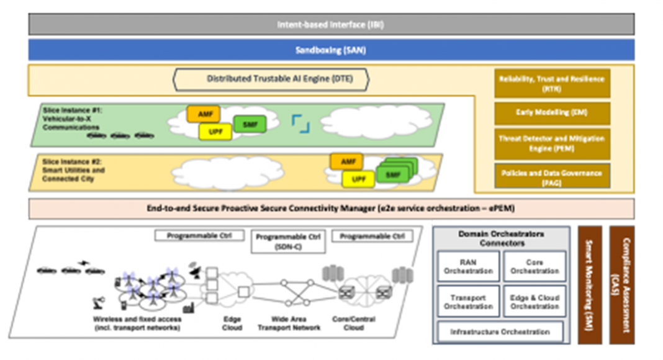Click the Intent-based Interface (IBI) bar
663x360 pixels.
coord(331,24)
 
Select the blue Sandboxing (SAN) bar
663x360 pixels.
coord(331,50)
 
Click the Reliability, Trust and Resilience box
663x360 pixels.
coord(551,83)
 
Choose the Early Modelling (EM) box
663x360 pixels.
coord(551,114)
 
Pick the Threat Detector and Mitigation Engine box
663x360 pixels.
coord(551,143)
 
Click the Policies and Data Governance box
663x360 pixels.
coord(551,176)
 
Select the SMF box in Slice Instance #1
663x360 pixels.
coord(250,124)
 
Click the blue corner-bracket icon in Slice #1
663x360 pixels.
coord(300,124)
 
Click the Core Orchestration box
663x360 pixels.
coord(534,266)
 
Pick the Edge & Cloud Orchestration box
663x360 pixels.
coord(534,302)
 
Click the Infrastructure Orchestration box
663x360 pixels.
coord(500,332)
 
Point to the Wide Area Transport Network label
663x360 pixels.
coord(289,323)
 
